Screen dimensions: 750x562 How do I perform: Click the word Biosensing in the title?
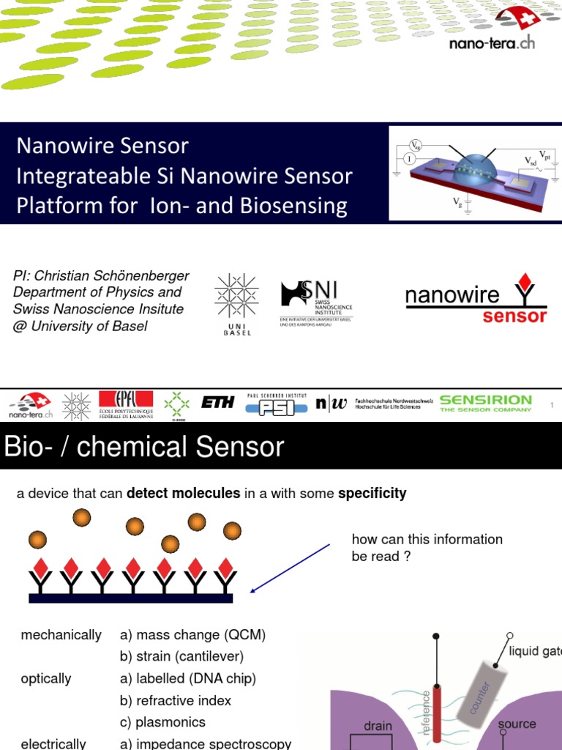tap(300, 206)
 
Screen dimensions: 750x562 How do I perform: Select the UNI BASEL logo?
tap(236, 304)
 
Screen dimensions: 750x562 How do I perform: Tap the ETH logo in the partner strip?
tap(217, 404)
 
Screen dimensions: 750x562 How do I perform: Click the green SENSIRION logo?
tap(485, 403)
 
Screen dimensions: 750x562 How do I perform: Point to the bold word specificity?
tap(372, 494)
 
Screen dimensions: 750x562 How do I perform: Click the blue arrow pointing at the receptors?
tap(290, 568)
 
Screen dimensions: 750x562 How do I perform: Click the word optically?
tap(46, 679)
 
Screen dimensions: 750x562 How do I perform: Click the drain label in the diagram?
tap(378, 727)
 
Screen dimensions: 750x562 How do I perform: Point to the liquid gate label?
tap(535, 651)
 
